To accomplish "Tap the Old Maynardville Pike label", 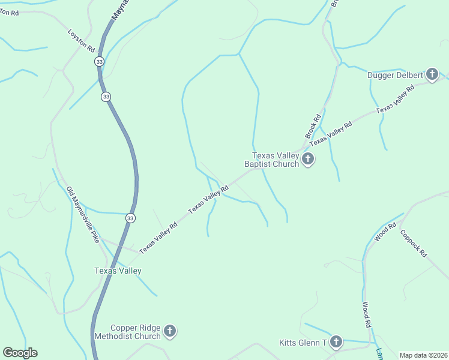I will tap(82, 214).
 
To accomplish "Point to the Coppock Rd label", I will tap(413, 244).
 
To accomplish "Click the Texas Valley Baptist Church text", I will tap(271, 160).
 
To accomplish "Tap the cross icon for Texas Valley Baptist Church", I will tap(308, 159).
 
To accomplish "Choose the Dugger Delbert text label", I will tap(396, 75).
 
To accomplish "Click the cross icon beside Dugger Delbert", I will tap(432, 74).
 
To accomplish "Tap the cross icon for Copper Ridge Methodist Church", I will tap(170, 331).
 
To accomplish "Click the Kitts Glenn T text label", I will tap(303, 343).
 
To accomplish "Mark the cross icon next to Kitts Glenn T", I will tap(336, 342).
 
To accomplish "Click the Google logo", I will tap(20, 353).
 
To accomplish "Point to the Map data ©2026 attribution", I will tap(423, 355).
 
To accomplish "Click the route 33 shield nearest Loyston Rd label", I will tap(98, 62).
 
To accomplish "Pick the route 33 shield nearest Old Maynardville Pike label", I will tap(130, 218).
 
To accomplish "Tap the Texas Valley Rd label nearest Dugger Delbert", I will tap(395, 99).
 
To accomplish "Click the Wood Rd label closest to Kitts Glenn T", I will tap(366, 314).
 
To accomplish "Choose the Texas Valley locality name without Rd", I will tap(118, 271).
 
